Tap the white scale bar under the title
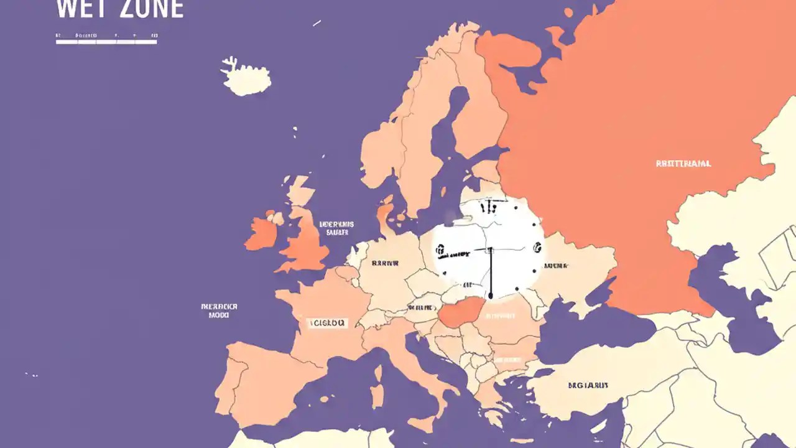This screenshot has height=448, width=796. (106, 42)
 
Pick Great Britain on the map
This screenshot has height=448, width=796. (306, 240)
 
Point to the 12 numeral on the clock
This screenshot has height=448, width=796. (489, 205)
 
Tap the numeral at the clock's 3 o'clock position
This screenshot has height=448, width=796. (536, 248)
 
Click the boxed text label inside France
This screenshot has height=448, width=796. (328, 323)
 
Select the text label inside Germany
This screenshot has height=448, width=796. (384, 263)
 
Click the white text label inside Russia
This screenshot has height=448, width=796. (683, 164)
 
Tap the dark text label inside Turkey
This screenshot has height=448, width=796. (588, 385)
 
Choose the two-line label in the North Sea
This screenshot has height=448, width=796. (336, 228)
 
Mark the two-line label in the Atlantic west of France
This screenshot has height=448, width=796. (220, 310)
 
